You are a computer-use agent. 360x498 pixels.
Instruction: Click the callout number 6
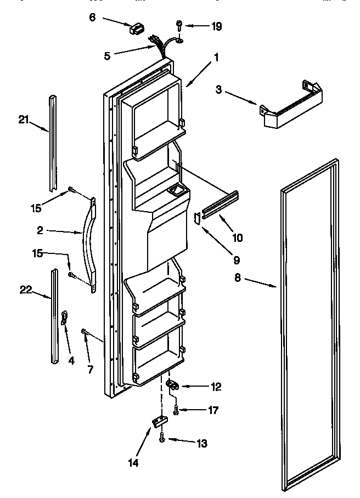[x=92, y=17]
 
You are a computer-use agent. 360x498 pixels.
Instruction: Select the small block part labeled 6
[x=135, y=29]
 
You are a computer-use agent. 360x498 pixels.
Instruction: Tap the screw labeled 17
[x=176, y=409]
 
